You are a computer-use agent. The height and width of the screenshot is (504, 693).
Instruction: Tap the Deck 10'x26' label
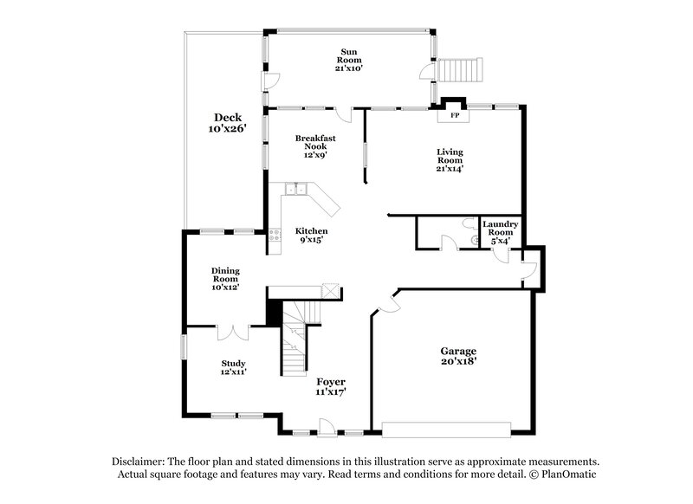(228, 123)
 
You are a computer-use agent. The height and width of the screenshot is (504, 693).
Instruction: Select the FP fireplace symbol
(453, 114)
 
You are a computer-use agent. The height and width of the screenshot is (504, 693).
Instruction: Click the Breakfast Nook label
(314, 145)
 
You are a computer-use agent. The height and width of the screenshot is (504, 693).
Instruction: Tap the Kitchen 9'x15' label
(312, 236)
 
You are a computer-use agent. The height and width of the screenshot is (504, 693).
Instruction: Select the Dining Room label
(225, 279)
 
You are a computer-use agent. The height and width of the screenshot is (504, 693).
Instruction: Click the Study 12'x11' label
(233, 367)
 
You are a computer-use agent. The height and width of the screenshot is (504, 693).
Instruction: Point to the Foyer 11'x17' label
(331, 386)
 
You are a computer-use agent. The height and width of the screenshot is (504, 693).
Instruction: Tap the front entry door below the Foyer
(327, 427)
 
